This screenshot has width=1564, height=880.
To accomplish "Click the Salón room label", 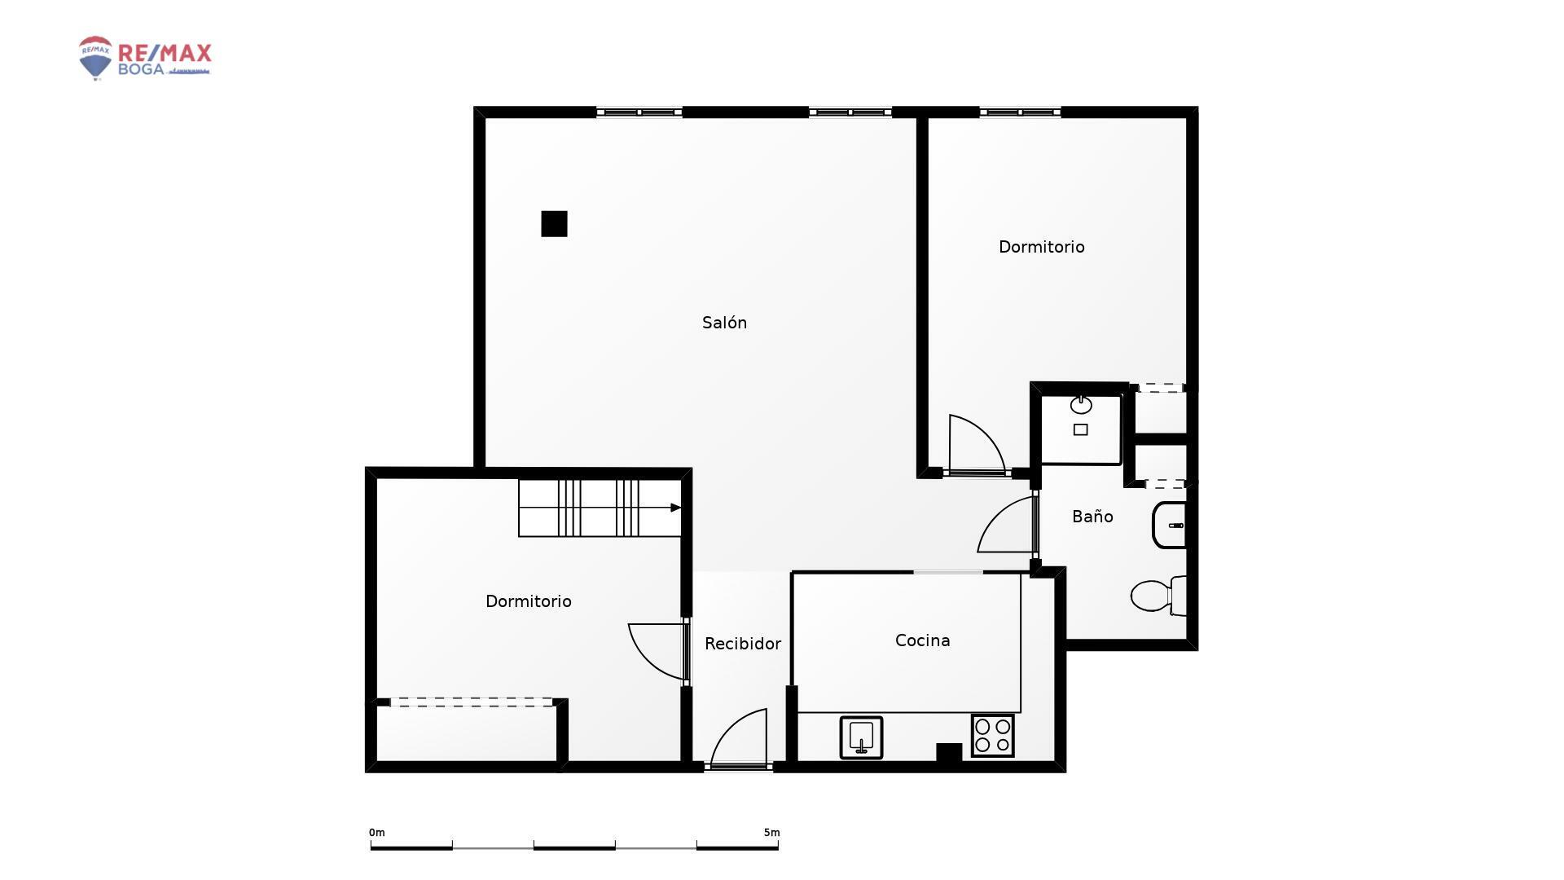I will (724, 323).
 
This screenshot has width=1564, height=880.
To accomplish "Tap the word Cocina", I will (922, 640).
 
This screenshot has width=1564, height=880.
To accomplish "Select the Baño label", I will (1092, 517).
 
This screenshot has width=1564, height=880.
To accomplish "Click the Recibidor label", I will (742, 644).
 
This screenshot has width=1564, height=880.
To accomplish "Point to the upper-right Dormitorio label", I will (1041, 247).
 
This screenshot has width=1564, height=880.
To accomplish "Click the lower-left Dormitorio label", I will (528, 601).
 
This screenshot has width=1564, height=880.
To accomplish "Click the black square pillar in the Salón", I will (554, 224).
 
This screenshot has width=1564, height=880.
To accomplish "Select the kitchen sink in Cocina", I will (861, 737).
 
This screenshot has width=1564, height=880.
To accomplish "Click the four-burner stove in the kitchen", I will (992, 735).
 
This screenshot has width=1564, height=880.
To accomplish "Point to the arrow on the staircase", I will (675, 508).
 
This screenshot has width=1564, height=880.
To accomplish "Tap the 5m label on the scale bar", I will (771, 833).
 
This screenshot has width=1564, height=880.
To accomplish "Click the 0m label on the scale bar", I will (376, 833).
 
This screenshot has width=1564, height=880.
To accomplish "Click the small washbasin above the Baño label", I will (1081, 405).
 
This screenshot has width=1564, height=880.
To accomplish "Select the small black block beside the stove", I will (948, 753).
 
